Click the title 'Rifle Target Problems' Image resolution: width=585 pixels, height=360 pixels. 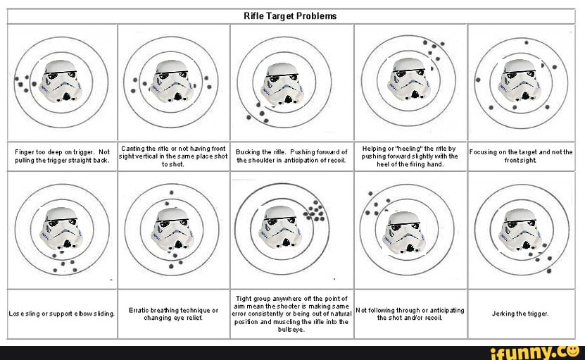pyautogui.click(x=290, y=15)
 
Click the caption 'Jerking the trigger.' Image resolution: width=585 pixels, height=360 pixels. pyautogui.click(x=521, y=313)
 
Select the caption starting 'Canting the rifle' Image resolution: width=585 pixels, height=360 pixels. pyautogui.click(x=173, y=156)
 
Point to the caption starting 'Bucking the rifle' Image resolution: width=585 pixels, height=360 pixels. pyautogui.click(x=291, y=156)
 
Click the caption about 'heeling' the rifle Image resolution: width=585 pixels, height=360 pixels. pyautogui.click(x=410, y=156)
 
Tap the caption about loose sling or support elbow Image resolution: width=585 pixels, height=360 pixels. pyautogui.click(x=62, y=314)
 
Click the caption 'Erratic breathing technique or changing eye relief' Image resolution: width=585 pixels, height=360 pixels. pyautogui.click(x=173, y=314)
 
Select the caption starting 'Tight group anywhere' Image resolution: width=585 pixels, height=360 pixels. pyautogui.click(x=291, y=314)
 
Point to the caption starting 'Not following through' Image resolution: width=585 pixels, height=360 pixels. pyautogui.click(x=410, y=314)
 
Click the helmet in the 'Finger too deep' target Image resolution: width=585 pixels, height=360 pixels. pyautogui.click(x=59, y=80)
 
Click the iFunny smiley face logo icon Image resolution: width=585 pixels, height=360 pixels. pyautogui.click(x=573, y=349)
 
